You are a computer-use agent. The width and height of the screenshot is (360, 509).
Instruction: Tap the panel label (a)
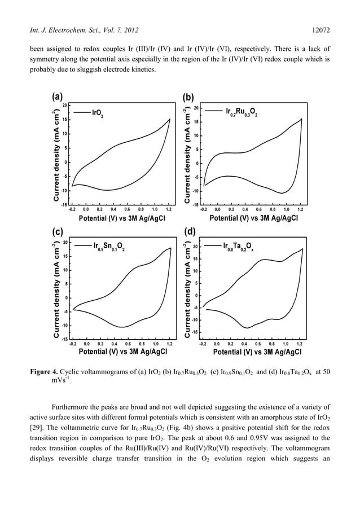click(x=57, y=96)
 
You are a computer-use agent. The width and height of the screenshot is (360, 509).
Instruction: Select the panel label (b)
click(x=188, y=97)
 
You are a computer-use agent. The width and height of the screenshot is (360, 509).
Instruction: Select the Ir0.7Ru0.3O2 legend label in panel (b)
click(x=242, y=112)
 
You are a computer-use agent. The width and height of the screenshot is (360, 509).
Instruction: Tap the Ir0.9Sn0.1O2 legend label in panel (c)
click(x=109, y=247)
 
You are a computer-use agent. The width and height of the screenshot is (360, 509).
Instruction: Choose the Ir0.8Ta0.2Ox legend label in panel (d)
click(x=238, y=247)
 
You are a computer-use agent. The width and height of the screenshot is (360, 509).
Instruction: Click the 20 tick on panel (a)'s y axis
click(x=65, y=105)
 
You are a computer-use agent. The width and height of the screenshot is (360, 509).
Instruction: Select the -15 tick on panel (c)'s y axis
click(x=64, y=339)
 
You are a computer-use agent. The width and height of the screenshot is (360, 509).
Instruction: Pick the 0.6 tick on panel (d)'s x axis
click(x=258, y=343)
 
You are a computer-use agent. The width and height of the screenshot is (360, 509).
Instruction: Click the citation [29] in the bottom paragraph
click(x=36, y=420)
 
